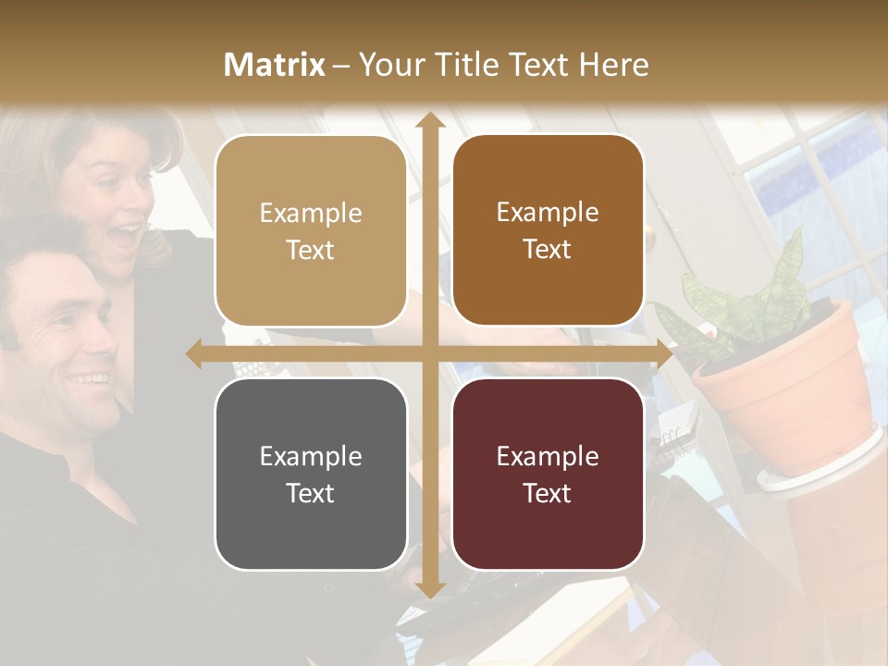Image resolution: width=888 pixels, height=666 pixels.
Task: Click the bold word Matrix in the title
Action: point(275,65)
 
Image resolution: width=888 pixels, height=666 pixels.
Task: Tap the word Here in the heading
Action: point(613,65)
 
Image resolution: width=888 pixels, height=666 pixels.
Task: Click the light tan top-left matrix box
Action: point(311,230)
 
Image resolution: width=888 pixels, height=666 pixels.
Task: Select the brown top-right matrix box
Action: point(548,230)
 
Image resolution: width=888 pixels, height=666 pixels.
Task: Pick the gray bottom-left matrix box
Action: point(311,474)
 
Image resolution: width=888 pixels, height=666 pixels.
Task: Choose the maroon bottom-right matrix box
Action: point(548,474)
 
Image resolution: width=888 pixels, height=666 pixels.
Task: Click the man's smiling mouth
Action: point(90,379)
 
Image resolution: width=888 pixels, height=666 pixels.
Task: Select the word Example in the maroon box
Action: point(548,456)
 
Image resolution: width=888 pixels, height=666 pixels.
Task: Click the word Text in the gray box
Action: point(311,493)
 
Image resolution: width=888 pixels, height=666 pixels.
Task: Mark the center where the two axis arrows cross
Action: point(428,353)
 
